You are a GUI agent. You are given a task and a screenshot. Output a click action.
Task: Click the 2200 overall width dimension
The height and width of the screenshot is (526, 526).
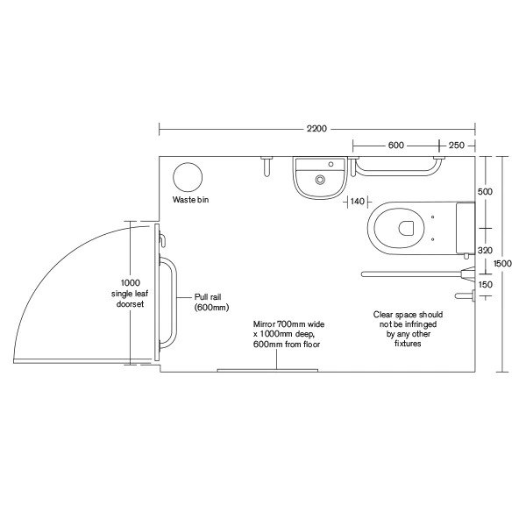[316, 129]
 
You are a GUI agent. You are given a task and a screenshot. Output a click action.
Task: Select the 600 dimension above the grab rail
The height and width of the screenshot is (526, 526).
[395, 146]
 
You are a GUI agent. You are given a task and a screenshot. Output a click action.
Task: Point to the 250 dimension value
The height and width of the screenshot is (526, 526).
[456, 146]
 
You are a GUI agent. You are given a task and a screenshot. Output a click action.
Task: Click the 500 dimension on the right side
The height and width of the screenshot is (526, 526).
[484, 190]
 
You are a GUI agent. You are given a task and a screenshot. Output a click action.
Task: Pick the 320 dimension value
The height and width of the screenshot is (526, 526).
[484, 251]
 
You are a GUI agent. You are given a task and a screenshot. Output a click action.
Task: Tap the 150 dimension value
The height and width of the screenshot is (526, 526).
[484, 284]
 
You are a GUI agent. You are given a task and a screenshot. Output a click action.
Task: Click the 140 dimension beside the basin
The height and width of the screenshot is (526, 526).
[357, 202]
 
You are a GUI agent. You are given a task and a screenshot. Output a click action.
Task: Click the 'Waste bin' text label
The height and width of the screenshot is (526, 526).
[190, 201]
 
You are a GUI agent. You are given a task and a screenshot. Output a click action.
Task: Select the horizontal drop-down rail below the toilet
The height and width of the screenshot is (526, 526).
[412, 274]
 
